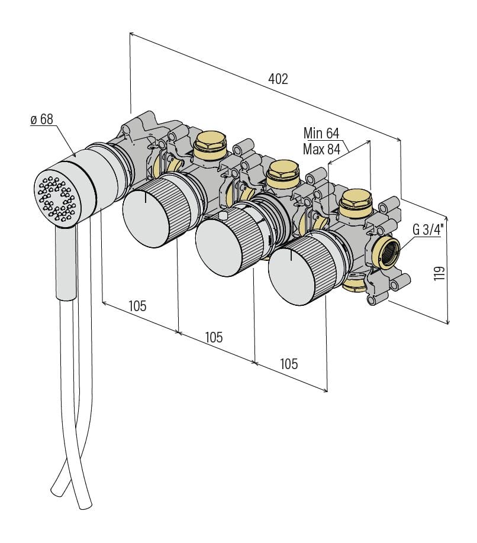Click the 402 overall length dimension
(278, 79)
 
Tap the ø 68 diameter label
(41, 119)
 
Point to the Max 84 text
(321, 149)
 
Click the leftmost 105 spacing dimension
(137, 306)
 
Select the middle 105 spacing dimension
(214, 337)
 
